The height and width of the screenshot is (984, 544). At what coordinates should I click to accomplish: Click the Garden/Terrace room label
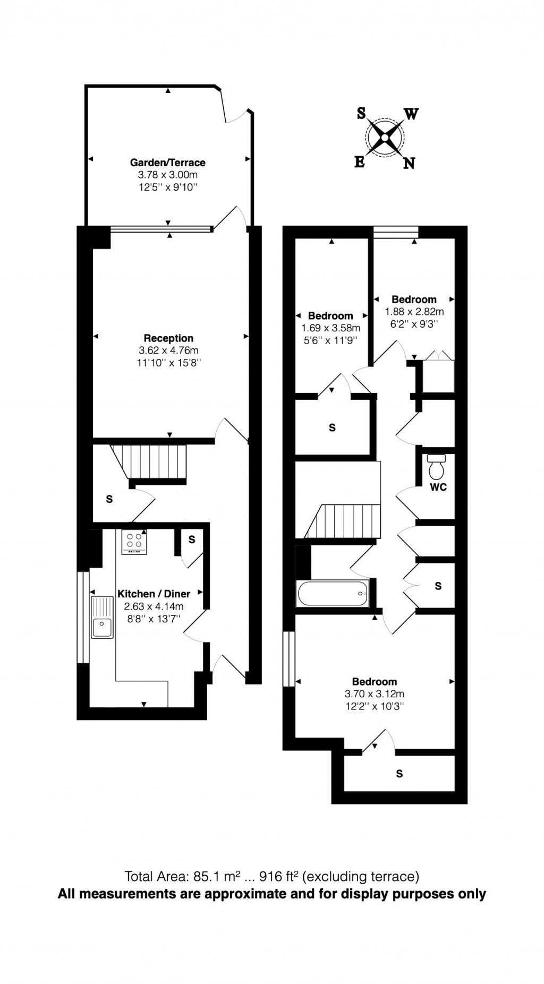(168, 162)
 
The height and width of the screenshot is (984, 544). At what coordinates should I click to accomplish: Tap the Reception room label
(168, 338)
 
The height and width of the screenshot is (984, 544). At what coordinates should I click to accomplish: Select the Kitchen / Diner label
(154, 594)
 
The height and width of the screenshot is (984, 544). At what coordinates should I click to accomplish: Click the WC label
(438, 487)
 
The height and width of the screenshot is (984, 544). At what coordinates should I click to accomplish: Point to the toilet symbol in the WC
(436, 467)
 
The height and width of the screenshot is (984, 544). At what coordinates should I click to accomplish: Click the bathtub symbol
(332, 593)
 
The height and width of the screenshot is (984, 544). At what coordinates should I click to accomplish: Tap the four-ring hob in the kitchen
(134, 541)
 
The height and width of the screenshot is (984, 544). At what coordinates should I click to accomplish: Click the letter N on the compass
(409, 163)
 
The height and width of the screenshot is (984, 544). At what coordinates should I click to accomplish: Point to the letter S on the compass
(361, 113)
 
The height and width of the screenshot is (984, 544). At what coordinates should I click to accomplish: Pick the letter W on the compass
(411, 114)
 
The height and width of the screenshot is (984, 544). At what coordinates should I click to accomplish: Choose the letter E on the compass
(360, 162)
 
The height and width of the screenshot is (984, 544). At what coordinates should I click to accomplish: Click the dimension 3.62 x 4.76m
(168, 350)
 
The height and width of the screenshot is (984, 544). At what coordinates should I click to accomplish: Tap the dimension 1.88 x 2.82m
(414, 312)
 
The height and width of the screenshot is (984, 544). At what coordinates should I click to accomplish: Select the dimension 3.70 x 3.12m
(375, 694)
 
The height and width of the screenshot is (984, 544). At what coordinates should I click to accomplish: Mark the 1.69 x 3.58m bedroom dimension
(330, 328)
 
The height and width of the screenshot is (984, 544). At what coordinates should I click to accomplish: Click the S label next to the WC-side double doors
(438, 586)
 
